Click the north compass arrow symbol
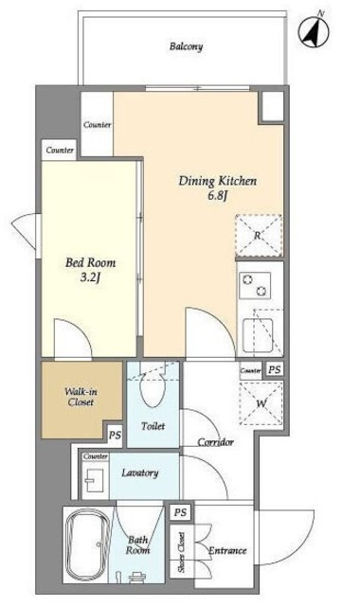click(x=315, y=32)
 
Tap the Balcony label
click(x=186, y=46)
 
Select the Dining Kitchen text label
click(x=217, y=181)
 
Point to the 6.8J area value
click(x=217, y=196)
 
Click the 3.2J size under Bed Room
click(x=91, y=277)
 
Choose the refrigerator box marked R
click(x=259, y=236)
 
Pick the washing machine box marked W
click(x=261, y=403)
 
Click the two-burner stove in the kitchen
click(x=255, y=285)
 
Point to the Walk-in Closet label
click(x=81, y=397)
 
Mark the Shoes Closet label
click(x=181, y=552)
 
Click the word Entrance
click(x=227, y=550)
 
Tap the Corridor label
click(x=216, y=442)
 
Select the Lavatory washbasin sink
click(x=94, y=480)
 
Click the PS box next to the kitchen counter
click(x=274, y=369)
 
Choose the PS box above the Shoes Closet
click(x=180, y=512)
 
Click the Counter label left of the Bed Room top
click(x=60, y=150)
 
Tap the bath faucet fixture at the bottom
click(x=136, y=577)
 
